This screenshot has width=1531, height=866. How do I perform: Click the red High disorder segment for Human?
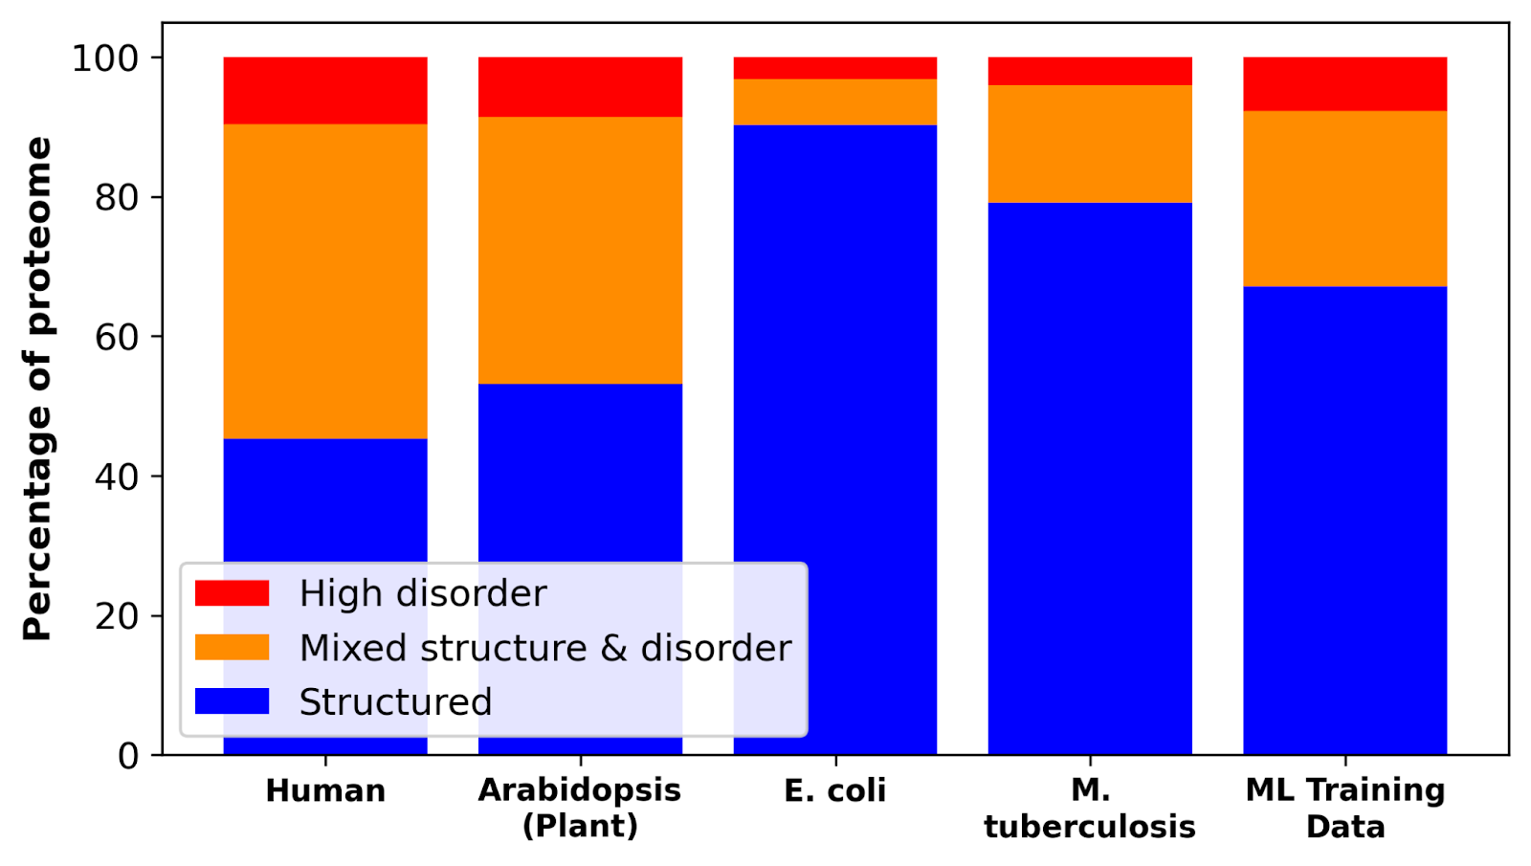(x=325, y=91)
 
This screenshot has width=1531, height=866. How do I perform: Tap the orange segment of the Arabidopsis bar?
(x=580, y=250)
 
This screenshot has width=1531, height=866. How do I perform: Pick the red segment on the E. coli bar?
(x=834, y=68)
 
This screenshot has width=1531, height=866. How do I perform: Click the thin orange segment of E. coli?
(x=834, y=101)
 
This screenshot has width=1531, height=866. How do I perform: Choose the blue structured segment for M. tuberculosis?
(x=1090, y=478)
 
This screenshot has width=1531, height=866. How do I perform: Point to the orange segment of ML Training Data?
(x=1344, y=198)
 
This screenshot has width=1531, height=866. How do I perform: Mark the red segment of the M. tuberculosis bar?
(x=1090, y=72)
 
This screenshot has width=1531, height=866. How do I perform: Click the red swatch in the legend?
(x=232, y=593)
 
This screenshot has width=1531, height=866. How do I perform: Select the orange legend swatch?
(x=232, y=648)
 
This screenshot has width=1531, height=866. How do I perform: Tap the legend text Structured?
(x=395, y=702)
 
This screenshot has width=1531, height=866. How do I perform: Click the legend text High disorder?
(x=422, y=593)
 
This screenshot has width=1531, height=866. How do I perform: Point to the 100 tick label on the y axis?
(x=105, y=58)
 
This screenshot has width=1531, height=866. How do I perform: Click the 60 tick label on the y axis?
(x=116, y=337)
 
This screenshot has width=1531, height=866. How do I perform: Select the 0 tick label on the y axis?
(x=128, y=756)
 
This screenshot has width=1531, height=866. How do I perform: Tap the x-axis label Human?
(x=325, y=791)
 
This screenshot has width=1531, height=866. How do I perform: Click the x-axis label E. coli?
(x=834, y=791)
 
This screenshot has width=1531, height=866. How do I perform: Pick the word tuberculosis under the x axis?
(x=1090, y=827)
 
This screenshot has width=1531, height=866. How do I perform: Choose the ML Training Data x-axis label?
(x=1344, y=809)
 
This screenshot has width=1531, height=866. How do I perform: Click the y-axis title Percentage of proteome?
(x=38, y=388)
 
